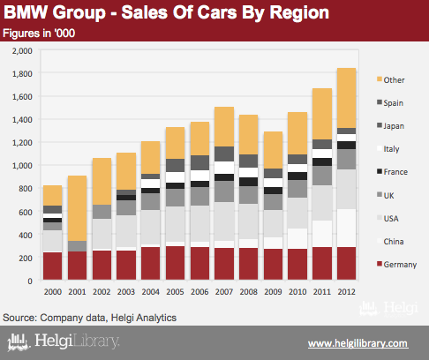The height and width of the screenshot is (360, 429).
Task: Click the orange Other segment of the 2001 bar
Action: click(x=77, y=208)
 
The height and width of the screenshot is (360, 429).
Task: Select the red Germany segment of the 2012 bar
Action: click(x=346, y=263)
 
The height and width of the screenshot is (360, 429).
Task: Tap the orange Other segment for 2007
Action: click(x=224, y=126)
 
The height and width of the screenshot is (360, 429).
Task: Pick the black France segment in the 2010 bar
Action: click(x=297, y=176)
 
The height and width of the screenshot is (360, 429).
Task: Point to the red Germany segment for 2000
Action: click(x=53, y=266)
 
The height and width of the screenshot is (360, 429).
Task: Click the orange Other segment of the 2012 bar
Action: click(x=346, y=98)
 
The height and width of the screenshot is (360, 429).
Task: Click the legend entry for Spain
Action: click(x=390, y=103)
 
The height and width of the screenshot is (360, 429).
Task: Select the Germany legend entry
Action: click(x=397, y=265)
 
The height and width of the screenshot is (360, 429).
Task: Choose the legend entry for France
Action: click(x=392, y=172)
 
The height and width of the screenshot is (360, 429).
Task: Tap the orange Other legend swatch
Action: click(x=380, y=79)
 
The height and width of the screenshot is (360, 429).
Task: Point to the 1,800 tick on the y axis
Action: click(x=22, y=73)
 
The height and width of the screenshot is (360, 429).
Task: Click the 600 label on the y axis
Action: click(x=26, y=212)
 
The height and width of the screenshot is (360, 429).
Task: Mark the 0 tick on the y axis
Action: click(x=30, y=281)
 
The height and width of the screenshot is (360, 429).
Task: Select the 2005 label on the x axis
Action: click(x=175, y=292)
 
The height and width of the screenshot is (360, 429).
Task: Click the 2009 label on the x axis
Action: click(x=273, y=292)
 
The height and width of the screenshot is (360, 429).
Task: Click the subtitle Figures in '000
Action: click(x=39, y=34)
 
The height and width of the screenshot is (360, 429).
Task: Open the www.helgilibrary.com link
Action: click(x=358, y=343)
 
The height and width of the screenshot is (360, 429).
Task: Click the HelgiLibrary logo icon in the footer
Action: click(x=19, y=342)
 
